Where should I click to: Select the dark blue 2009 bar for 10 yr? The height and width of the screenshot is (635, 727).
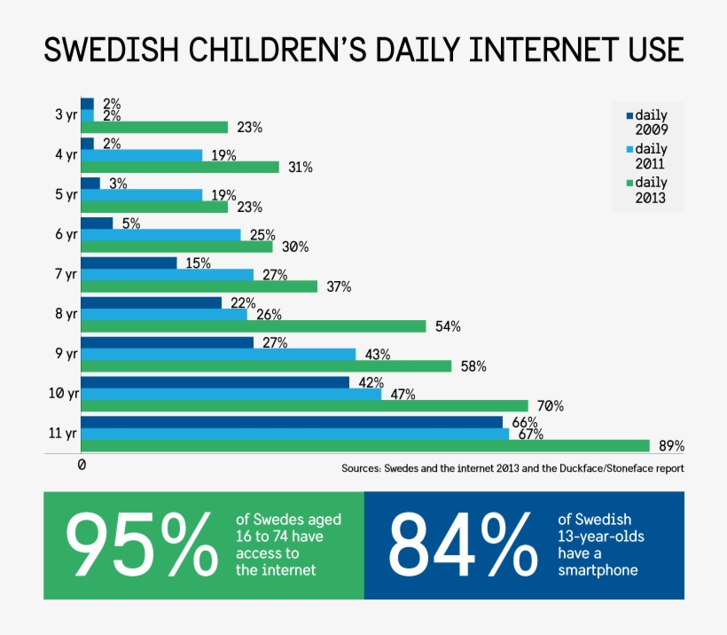click(x=215, y=382)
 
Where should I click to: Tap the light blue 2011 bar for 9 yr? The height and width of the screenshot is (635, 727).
click(x=218, y=354)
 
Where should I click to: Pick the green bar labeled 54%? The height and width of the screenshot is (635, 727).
click(x=254, y=326)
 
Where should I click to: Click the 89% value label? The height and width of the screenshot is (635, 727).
click(x=671, y=446)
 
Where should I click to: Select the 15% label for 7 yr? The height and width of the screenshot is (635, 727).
click(x=198, y=263)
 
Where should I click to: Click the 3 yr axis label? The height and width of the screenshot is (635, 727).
click(x=66, y=114)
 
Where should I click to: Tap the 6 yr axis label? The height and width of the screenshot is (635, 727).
click(x=66, y=234)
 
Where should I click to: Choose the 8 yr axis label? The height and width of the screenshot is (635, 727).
click(x=66, y=314)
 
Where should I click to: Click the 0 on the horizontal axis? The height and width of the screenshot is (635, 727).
click(x=82, y=465)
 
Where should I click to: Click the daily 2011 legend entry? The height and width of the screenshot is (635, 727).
click(x=646, y=156)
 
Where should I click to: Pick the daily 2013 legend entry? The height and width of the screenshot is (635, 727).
click(x=646, y=190)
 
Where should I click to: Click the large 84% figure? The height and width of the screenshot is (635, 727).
click(x=462, y=545)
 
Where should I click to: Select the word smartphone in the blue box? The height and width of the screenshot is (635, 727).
click(x=597, y=570)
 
